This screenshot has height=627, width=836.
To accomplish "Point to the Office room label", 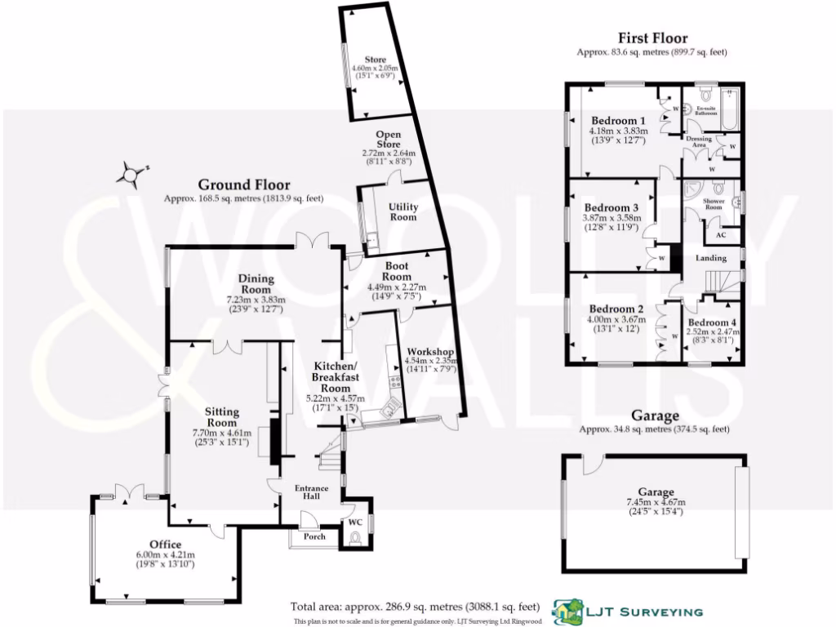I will [x=164, y=545].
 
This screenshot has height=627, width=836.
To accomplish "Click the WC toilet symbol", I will [x=354, y=538].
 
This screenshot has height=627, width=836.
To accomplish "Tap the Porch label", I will [x=314, y=536].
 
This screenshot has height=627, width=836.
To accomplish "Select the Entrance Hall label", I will [x=311, y=493].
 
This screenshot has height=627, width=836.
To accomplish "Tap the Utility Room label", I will [x=402, y=211].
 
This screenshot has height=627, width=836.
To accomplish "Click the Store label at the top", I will [x=375, y=59].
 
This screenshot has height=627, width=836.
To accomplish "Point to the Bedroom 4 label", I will [x=711, y=322].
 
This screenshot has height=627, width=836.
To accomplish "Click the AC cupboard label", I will [x=721, y=235].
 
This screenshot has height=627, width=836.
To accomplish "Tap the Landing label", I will [x=711, y=258].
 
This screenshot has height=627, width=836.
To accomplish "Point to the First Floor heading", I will [x=651, y=38].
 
